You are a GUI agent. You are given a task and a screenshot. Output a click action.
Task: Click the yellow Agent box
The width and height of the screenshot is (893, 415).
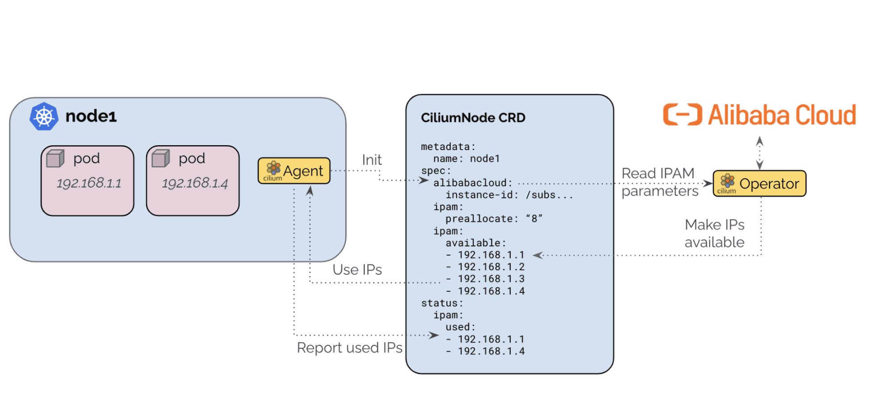(294, 171)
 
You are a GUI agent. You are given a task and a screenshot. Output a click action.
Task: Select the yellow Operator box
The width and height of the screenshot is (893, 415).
(759, 183)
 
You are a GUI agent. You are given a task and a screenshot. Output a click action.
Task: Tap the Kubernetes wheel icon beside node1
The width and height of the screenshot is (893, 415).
(44, 117)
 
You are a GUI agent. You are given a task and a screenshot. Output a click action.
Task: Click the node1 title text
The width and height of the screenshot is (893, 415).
(91, 116)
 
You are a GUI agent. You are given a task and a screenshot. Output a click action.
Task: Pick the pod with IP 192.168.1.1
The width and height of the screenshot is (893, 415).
(88, 180)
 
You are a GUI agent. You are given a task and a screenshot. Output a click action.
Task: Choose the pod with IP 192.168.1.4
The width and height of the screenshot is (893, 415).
(193, 180)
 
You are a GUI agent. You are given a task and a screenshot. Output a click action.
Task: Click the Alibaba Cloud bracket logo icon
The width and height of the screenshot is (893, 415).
(683, 115)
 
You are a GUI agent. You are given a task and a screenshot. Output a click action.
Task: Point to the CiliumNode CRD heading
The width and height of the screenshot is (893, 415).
(473, 117)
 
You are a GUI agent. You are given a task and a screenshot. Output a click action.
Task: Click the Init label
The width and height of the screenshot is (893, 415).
(372, 159)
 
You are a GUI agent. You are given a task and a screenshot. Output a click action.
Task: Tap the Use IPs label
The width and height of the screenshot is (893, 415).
(357, 269)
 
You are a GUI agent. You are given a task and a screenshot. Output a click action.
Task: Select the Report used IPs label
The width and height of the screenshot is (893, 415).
(349, 348)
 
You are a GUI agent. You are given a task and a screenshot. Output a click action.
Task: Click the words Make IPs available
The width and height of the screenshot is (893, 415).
(714, 233)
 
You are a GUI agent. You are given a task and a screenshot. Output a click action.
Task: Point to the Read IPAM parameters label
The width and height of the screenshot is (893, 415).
(660, 182)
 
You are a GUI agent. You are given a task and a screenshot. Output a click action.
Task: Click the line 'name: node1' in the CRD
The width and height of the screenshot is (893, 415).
(466, 159)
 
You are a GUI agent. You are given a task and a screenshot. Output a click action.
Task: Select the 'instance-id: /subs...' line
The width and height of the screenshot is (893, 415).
(509, 195)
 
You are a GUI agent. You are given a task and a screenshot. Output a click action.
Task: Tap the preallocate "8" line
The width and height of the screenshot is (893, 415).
(494, 219)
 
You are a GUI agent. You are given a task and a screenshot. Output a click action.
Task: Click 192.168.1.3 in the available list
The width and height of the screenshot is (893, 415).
(491, 279)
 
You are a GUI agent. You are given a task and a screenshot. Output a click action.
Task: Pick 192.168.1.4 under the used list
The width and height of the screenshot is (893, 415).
(491, 351)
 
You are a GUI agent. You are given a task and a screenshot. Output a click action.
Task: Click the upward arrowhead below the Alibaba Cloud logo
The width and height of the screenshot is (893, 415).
(759, 141)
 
